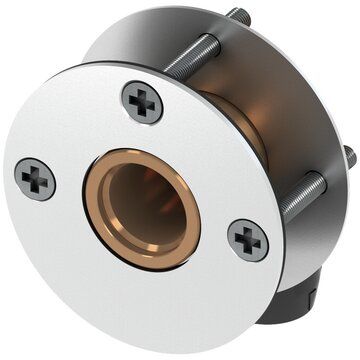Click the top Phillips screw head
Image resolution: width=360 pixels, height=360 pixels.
(x=142, y=102)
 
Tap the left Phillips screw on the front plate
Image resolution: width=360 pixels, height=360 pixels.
(x=35, y=179)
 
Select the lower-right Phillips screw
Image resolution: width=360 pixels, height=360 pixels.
(x=247, y=240)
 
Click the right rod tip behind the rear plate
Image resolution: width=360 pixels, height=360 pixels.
(x=350, y=155)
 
